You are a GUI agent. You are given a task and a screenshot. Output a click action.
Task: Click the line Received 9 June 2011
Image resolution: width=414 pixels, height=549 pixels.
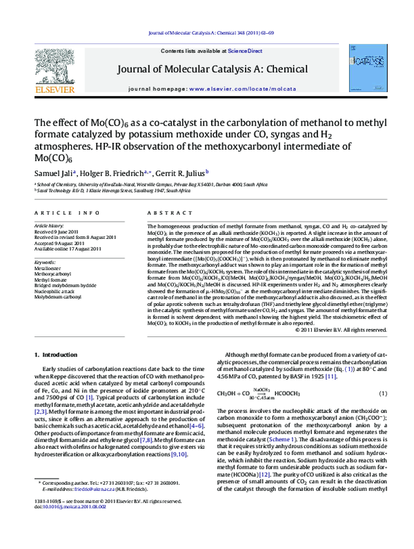tap(57, 231)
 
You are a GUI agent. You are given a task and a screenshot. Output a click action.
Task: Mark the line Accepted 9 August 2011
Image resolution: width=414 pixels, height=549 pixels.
tap(57, 243)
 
